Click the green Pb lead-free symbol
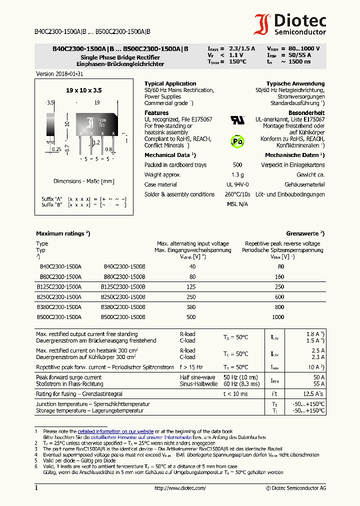[x=237, y=141]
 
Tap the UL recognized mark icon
[x=237, y=120]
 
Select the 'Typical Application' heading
[x=170, y=83]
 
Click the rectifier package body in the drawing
[x=96, y=123]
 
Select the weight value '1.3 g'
[x=237, y=174]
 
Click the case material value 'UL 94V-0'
[x=237, y=184]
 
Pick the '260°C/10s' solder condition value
[x=237, y=194]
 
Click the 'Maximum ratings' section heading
[x=62, y=233]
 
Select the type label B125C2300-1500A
[x=59, y=287]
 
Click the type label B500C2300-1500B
[x=124, y=317]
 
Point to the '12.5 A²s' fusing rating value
[x=314, y=394]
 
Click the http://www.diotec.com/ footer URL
[x=180, y=488]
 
